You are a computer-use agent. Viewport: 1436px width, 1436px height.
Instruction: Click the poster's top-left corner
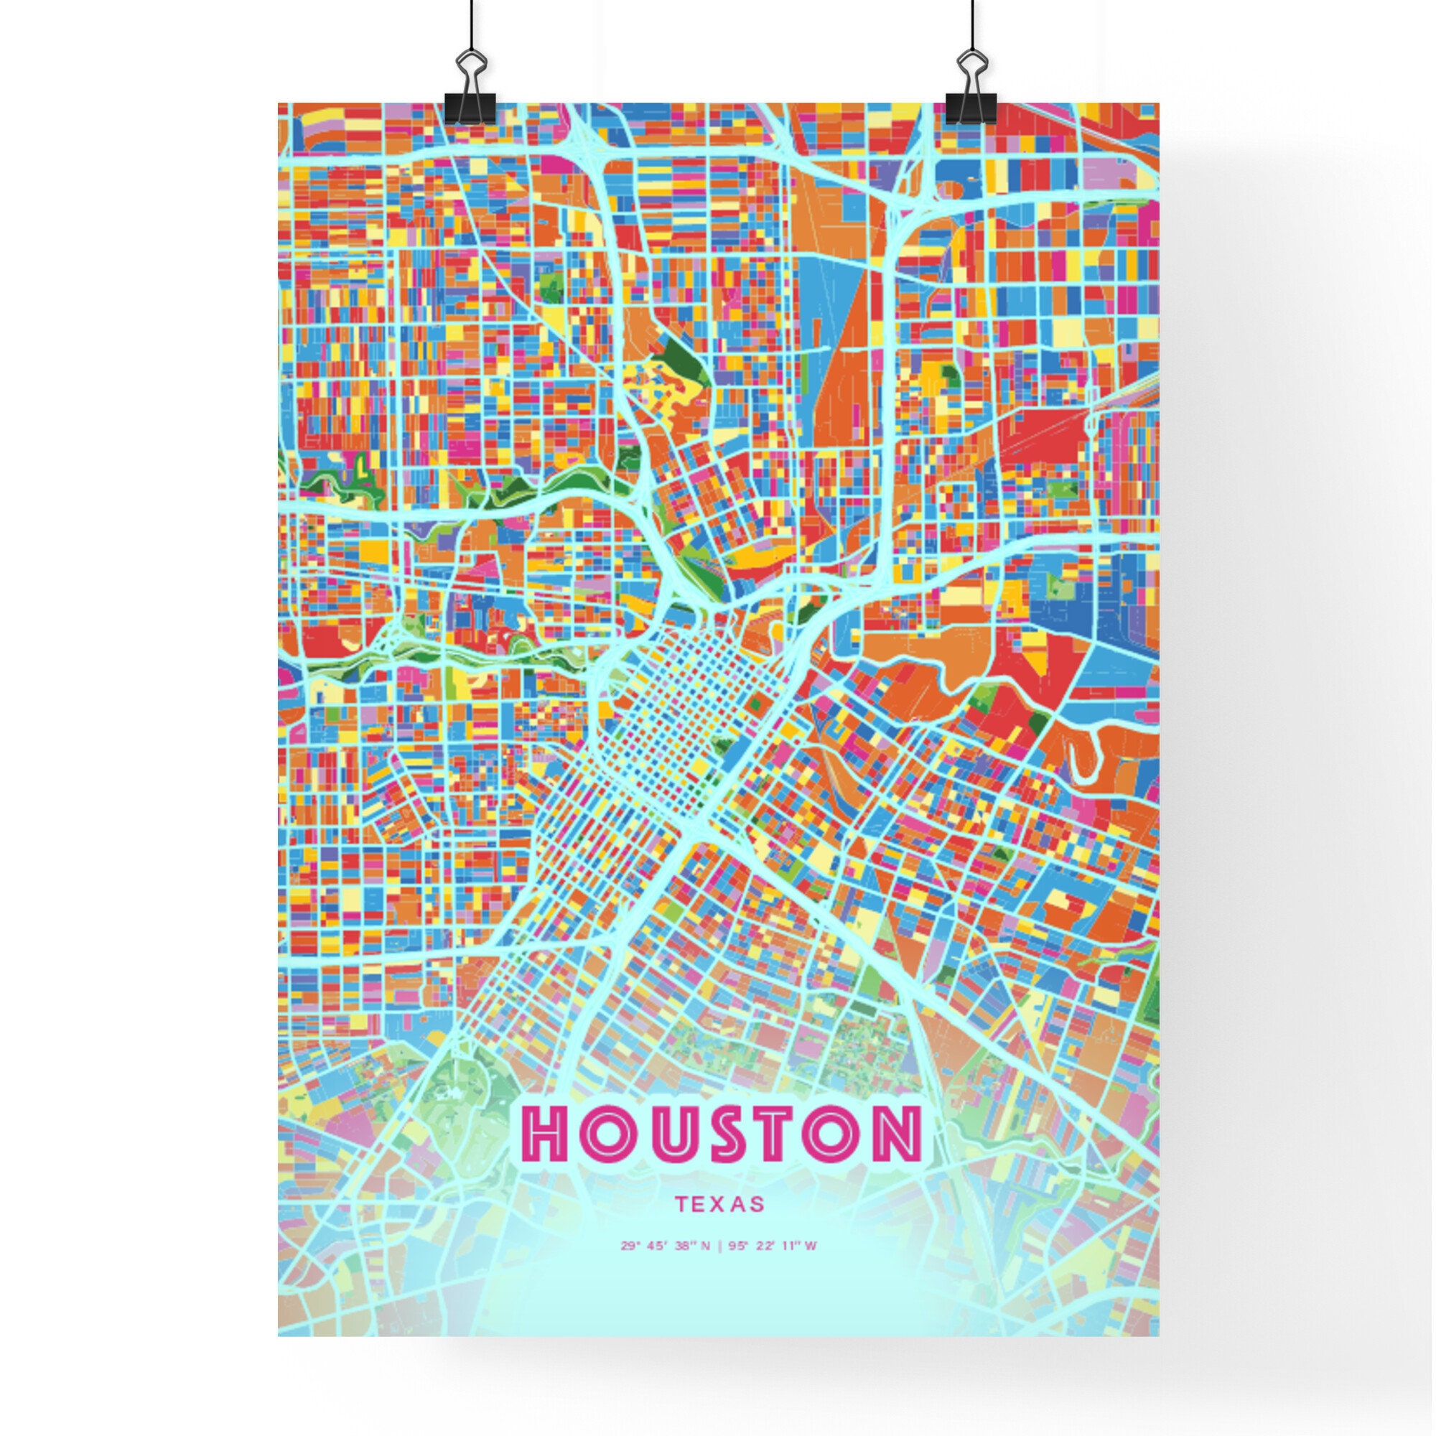pos(279,103)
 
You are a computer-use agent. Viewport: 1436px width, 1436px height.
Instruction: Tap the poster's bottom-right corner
pos(1158,1335)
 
